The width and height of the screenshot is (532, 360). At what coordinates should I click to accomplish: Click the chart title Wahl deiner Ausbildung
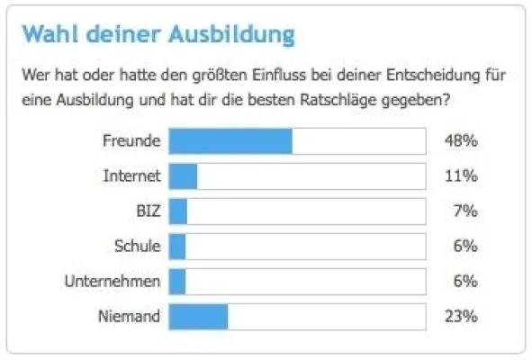click(158, 36)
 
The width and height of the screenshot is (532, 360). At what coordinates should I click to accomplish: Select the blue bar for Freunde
click(230, 141)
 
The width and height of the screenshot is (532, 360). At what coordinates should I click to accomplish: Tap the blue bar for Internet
click(183, 176)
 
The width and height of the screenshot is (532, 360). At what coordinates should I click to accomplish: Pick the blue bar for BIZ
click(178, 211)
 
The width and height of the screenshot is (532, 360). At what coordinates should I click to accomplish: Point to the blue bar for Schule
click(177, 247)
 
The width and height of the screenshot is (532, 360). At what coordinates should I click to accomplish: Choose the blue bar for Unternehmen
click(177, 282)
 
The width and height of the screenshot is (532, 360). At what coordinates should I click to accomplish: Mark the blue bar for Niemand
click(199, 317)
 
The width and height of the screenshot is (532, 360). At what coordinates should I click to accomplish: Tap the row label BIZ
click(147, 211)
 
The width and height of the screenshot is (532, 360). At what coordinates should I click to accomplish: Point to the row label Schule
click(138, 247)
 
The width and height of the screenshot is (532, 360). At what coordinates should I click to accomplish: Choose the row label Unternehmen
click(113, 282)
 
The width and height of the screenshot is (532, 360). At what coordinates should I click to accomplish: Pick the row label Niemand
click(131, 317)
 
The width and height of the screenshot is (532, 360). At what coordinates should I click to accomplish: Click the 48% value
click(461, 141)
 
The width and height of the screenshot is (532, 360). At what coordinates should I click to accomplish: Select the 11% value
click(461, 176)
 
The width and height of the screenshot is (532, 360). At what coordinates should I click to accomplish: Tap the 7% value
click(465, 211)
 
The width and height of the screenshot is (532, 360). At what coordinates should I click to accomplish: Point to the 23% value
click(461, 317)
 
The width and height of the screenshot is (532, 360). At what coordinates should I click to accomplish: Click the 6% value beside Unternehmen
click(465, 282)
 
